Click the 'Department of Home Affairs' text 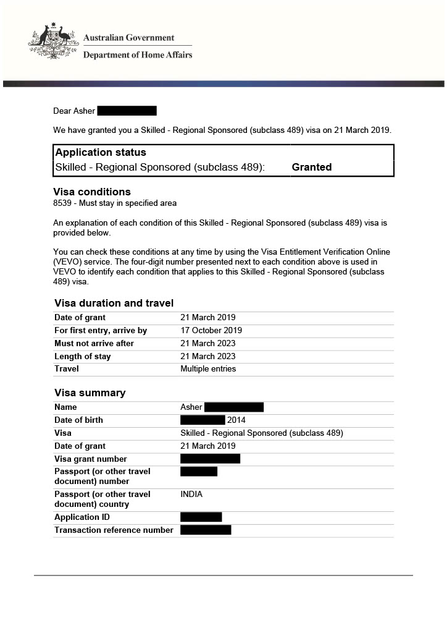coord(138,55)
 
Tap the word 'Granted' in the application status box coord(312,168)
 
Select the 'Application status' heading coord(101,153)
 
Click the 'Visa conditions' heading coord(92,192)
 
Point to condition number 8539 coord(63,203)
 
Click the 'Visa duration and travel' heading coord(114,304)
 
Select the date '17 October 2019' coord(211,331)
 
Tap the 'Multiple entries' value coord(208,369)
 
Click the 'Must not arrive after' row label coord(94,344)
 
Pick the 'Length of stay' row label coord(83,357)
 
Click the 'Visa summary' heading coord(90,393)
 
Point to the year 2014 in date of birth coord(236,420)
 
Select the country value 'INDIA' coord(191,495)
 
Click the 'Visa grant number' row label coord(91,459)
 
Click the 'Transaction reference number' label coord(114,530)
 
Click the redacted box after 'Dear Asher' coord(127,111)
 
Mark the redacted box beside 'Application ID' coord(201,517)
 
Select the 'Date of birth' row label coord(78,420)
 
